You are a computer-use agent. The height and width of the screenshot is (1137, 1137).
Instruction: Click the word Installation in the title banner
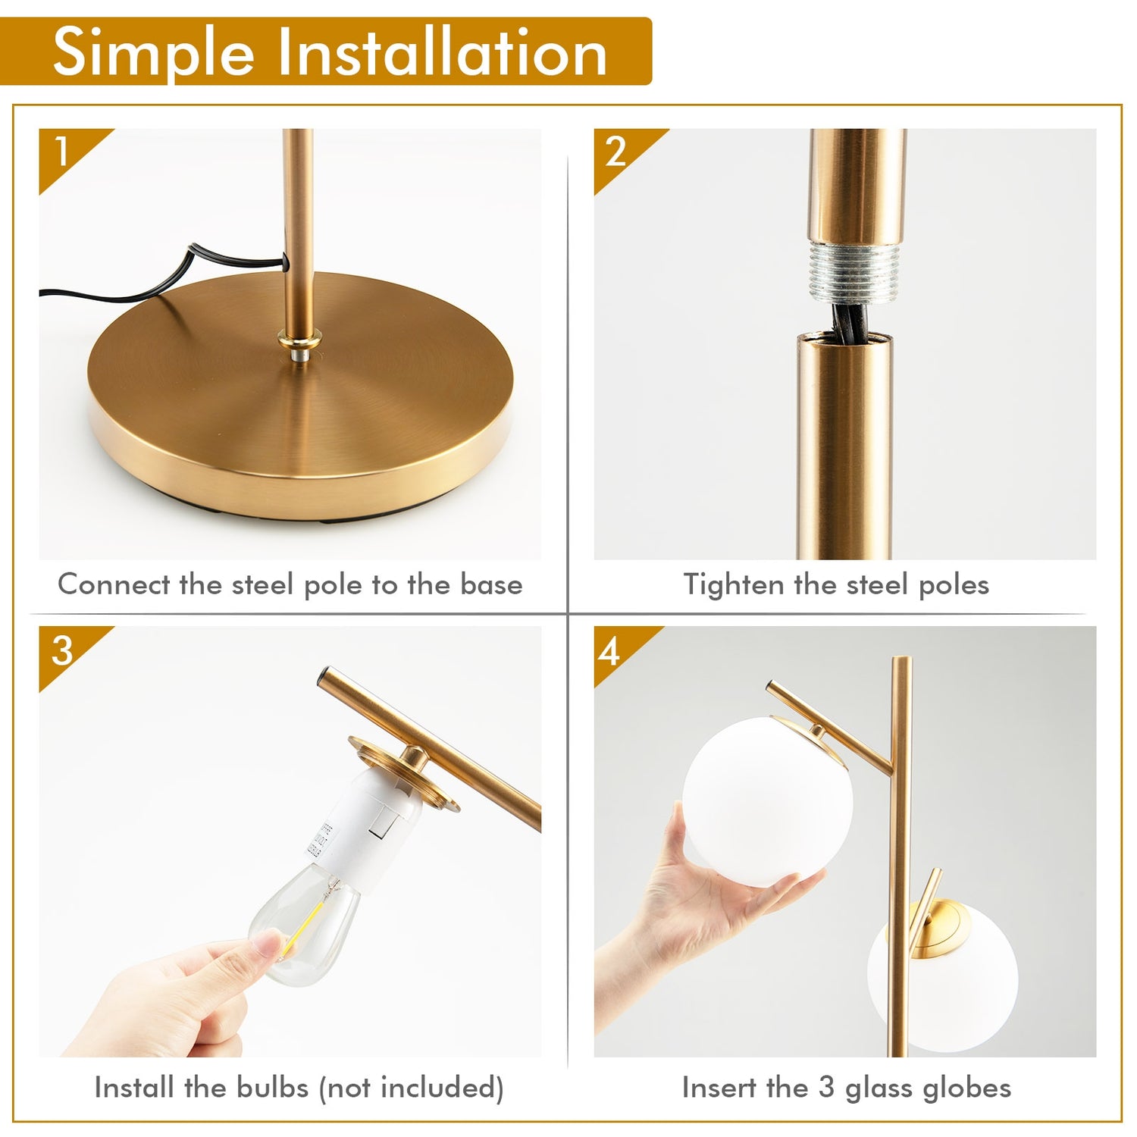(x=443, y=53)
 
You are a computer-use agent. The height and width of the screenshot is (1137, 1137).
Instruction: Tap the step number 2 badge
(x=615, y=151)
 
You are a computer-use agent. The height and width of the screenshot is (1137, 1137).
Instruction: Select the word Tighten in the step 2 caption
(x=733, y=585)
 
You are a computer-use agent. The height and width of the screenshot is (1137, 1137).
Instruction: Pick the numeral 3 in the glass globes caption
(x=826, y=1088)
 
